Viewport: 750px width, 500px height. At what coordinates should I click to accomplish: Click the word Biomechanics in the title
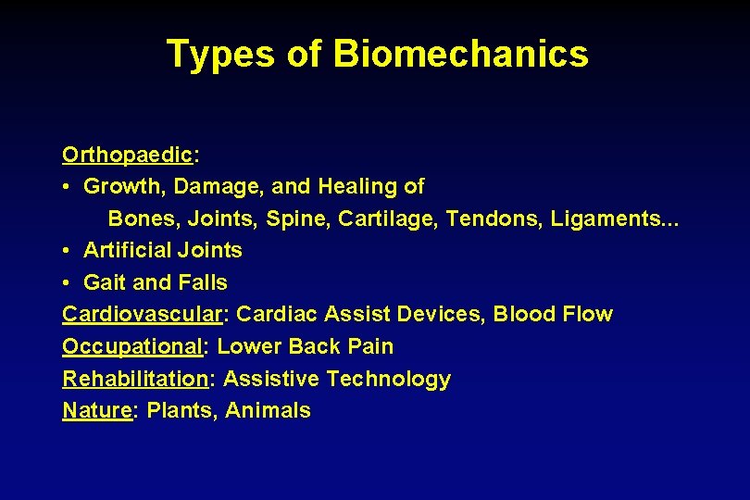(x=460, y=54)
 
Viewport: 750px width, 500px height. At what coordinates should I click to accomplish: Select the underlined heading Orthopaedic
(x=128, y=154)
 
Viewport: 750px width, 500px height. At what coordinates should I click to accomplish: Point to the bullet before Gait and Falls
(x=69, y=282)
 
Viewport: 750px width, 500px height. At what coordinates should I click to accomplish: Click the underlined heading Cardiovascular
(x=143, y=314)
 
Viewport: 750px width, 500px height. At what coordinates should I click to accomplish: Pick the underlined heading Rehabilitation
(x=135, y=379)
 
